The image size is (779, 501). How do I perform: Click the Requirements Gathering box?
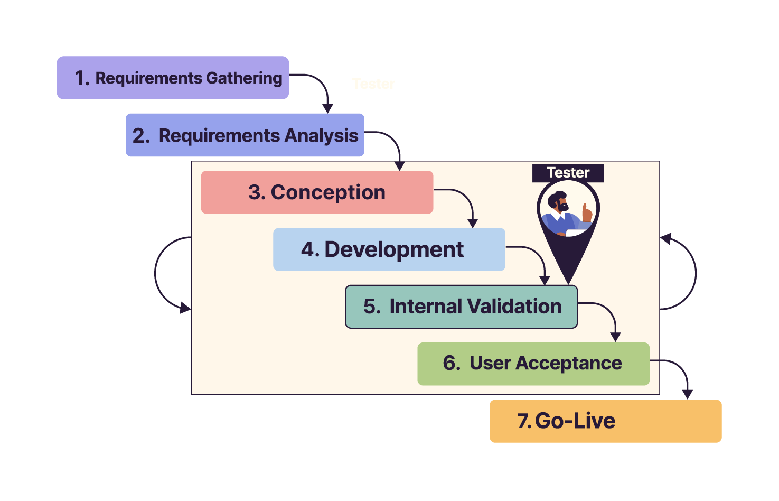coord(173,78)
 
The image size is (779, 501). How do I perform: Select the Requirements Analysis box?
coord(245,135)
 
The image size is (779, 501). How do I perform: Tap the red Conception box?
coord(317,192)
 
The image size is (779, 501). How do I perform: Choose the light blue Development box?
coord(389,249)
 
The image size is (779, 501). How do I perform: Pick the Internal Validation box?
coord(461,307)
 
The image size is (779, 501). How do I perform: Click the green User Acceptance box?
coord(533,364)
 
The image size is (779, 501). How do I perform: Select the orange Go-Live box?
coord(605,421)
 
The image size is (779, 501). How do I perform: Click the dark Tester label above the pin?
coord(568,173)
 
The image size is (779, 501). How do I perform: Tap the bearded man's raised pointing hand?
coord(586,212)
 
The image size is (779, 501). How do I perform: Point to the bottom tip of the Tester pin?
coord(568,282)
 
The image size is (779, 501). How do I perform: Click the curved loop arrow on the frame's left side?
coord(157,273)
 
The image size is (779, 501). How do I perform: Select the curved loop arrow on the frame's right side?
coord(694,273)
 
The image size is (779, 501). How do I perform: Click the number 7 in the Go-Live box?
coord(523,421)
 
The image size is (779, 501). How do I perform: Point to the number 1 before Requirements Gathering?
coord(80,78)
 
